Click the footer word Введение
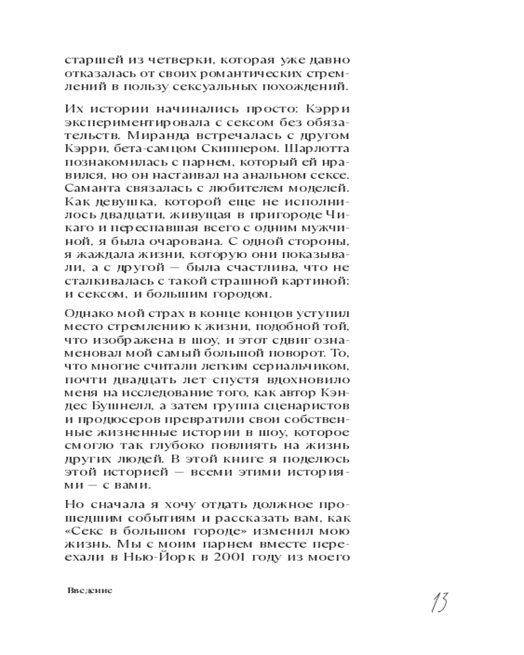90,590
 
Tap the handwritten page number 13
439,600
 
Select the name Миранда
153,153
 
